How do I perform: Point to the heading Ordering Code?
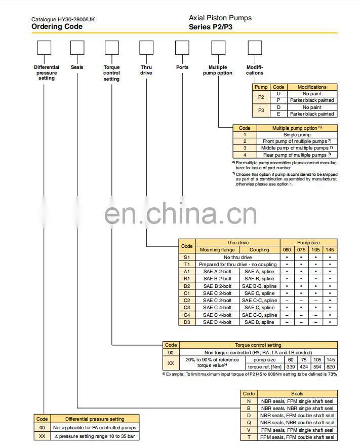[53, 26]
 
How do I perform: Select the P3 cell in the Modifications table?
[261, 110]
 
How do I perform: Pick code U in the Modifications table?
[278, 94]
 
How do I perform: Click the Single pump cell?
[297, 135]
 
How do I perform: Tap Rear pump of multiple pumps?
[297, 155]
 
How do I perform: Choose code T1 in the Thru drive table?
[187, 265]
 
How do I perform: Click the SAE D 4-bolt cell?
[217, 322]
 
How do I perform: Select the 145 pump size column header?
[330, 250]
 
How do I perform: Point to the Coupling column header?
[259, 250]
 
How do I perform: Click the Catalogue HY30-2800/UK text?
[63, 19]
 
